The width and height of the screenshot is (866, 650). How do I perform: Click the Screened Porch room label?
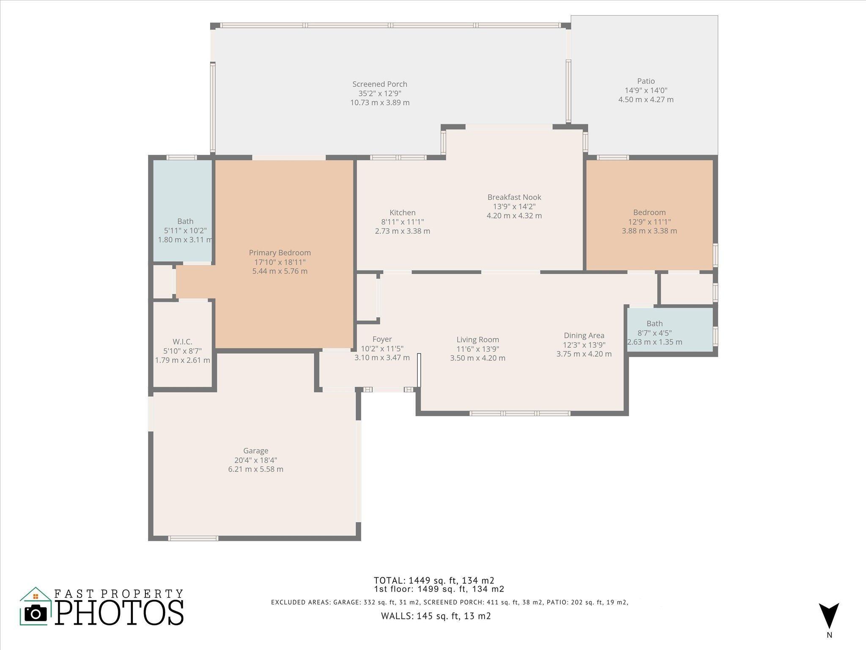[380, 84]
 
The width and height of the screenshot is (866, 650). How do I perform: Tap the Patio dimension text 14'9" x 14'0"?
[646, 91]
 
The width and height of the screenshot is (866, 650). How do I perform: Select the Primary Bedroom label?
[280, 253]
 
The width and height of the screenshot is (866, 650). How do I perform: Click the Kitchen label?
[402, 213]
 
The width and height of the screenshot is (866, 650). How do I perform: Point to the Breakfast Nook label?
[514, 197]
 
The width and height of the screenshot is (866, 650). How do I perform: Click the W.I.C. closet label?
[182, 342]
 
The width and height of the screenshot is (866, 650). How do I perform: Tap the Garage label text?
[255, 451]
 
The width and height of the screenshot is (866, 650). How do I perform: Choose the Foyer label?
[382, 339]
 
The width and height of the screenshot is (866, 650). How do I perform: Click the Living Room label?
[477, 340]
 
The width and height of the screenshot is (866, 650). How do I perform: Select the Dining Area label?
[584, 336]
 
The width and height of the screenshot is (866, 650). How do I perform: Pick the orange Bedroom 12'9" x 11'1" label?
[649, 213]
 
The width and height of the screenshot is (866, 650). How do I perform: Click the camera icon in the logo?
[36, 613]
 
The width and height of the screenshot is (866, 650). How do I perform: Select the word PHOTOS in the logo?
[120, 612]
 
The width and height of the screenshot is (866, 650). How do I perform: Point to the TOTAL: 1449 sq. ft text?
[433, 580]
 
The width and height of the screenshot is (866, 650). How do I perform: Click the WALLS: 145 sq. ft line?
[436, 616]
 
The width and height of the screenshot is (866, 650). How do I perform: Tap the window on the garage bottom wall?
[193, 538]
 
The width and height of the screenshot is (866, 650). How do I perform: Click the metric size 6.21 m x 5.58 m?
[255, 469]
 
